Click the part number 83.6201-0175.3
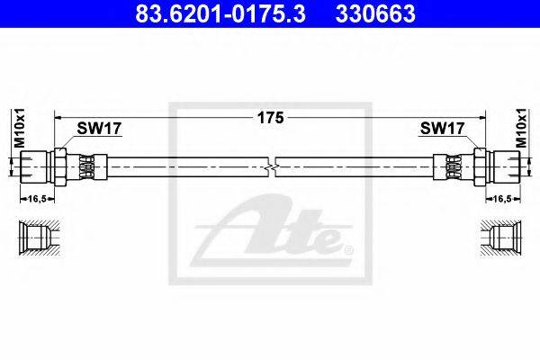tap(220, 13)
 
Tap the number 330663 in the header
tap(375, 13)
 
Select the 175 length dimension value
tap(271, 118)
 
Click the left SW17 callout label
tap(99, 129)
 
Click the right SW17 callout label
tap(442, 129)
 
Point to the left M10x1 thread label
tap(20, 128)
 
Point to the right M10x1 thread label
tap(521, 128)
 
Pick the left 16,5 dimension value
tap(37, 199)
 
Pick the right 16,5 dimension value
tap(502, 199)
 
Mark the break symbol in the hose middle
tap(272, 167)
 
